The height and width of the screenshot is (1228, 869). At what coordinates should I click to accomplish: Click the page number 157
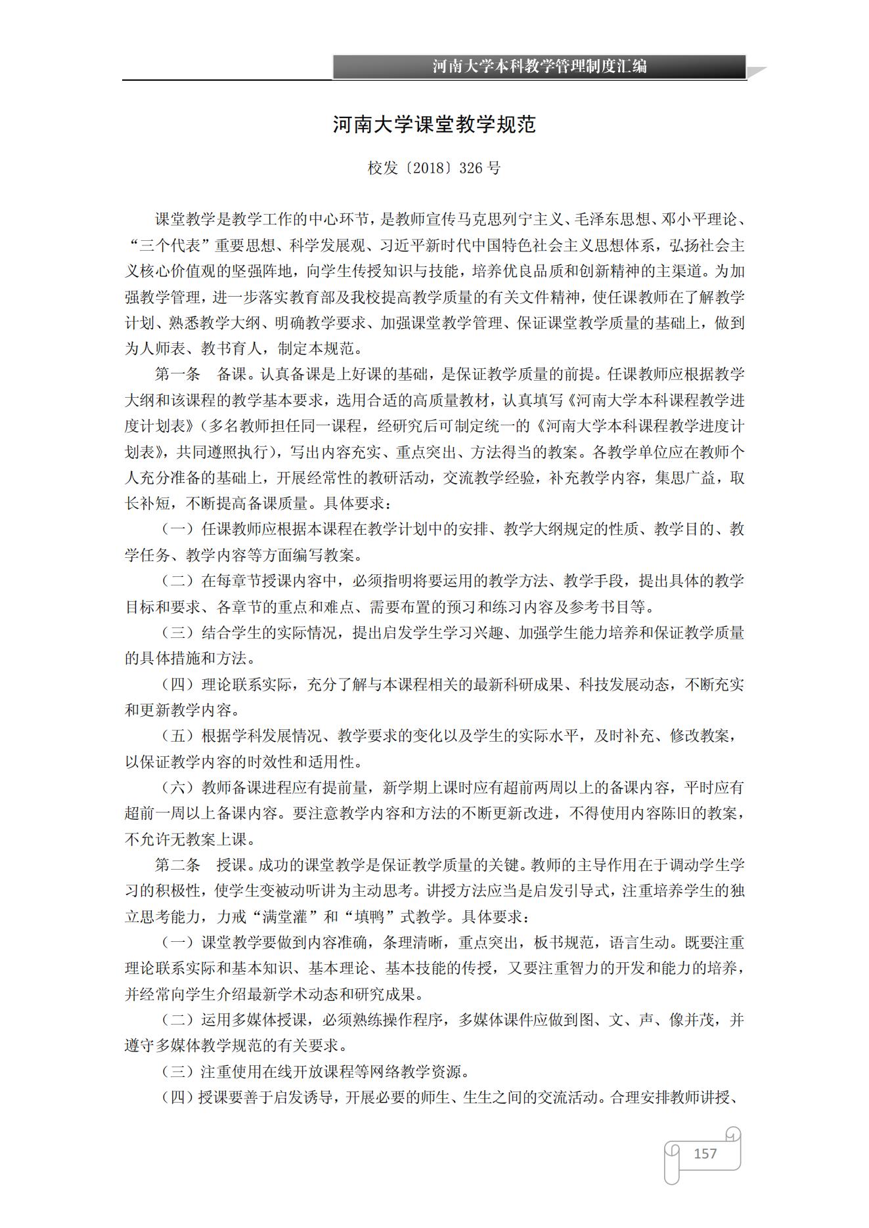point(705,1153)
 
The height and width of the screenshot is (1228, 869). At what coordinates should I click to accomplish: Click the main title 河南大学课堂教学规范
point(434,125)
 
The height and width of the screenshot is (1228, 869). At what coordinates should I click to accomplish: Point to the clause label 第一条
point(177,374)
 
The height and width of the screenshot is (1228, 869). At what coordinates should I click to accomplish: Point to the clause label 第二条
point(177,865)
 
